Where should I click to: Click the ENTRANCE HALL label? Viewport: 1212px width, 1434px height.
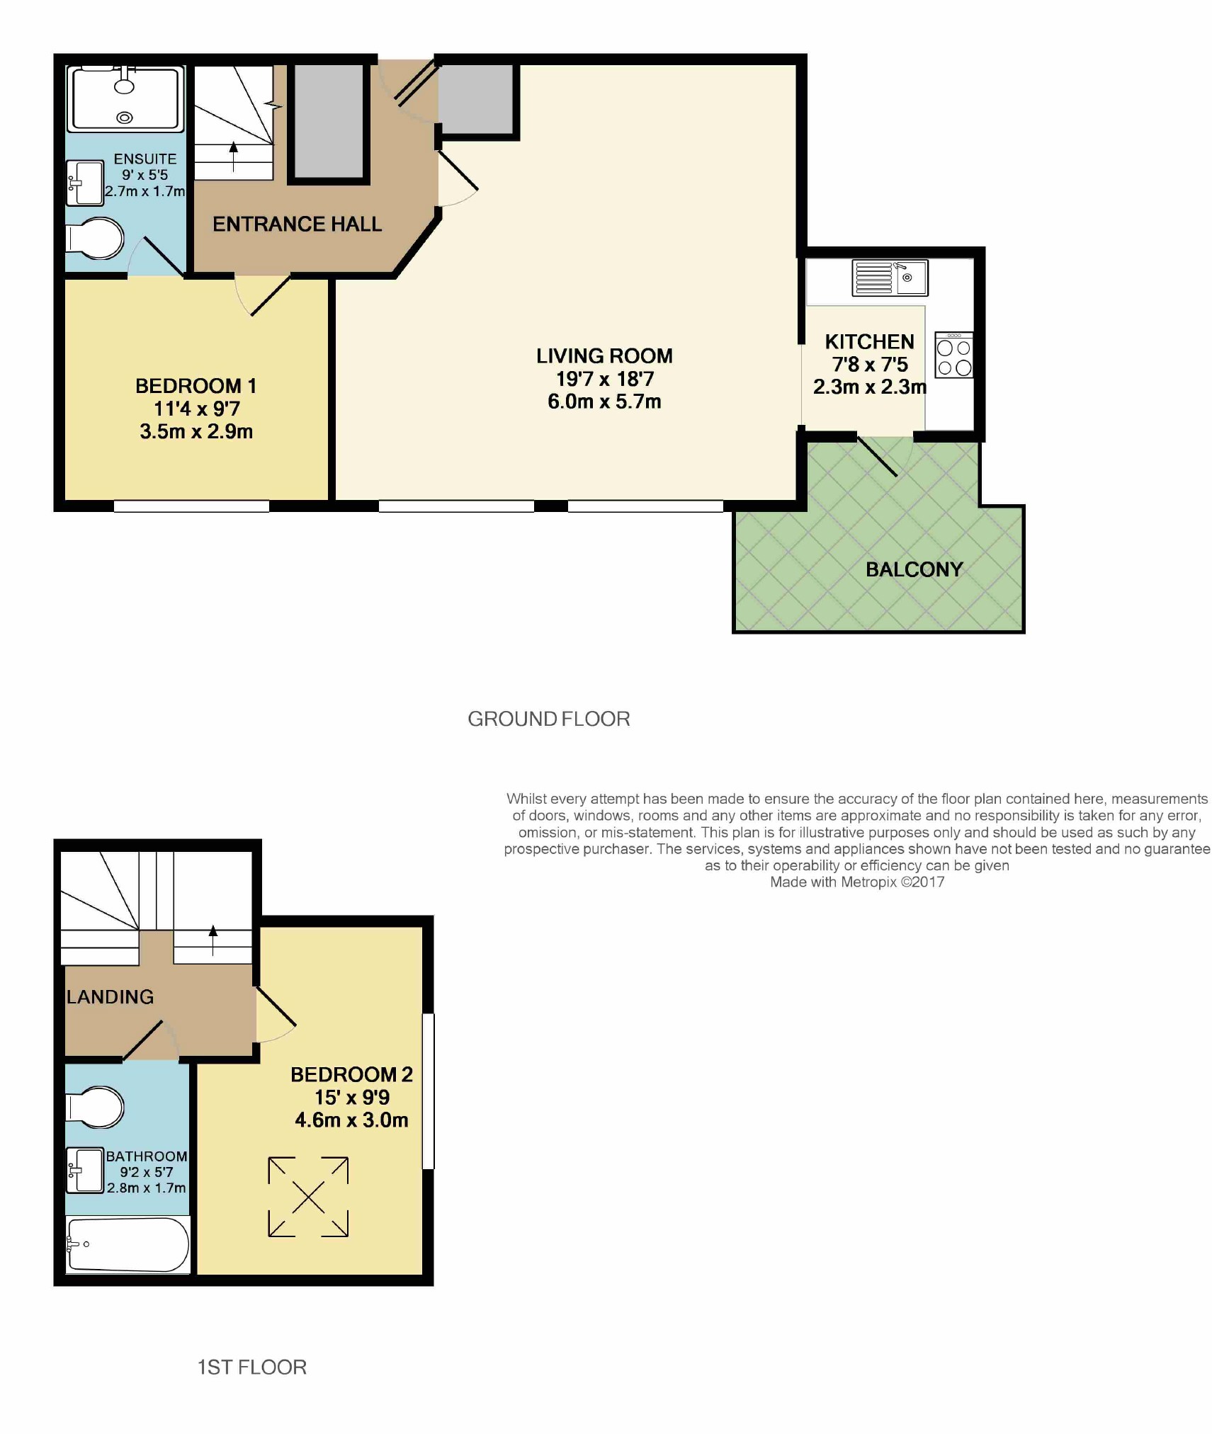(x=297, y=224)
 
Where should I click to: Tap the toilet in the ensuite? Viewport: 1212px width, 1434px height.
(x=94, y=239)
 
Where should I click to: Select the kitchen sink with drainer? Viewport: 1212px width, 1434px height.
(x=890, y=278)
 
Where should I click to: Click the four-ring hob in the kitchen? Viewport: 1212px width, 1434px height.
(x=953, y=355)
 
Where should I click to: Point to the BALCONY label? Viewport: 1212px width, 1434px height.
(x=914, y=569)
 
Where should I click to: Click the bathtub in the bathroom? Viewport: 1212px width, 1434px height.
(x=128, y=1244)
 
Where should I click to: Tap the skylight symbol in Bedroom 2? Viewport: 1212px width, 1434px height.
(x=308, y=1197)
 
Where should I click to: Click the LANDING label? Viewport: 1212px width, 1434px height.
(x=110, y=997)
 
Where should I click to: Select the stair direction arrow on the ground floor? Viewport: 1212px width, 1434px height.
(x=234, y=157)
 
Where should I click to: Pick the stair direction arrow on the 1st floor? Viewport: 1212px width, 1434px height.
(x=213, y=940)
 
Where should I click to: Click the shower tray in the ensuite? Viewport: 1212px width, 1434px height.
(x=125, y=98)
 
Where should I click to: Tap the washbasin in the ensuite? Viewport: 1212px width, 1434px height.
(x=84, y=183)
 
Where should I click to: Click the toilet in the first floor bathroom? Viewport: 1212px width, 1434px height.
(x=95, y=1107)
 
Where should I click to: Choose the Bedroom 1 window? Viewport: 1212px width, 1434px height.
(x=191, y=506)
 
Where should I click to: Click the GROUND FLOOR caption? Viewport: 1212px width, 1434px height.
(x=549, y=719)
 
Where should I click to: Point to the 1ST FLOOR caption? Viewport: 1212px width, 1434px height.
(x=251, y=1367)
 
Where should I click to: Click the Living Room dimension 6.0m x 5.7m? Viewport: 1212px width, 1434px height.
(x=604, y=402)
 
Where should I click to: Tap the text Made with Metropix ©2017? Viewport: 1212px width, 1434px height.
(x=857, y=882)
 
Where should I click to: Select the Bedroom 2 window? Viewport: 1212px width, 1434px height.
(x=428, y=1091)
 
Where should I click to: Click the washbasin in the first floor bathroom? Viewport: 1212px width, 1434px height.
(x=85, y=1170)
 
